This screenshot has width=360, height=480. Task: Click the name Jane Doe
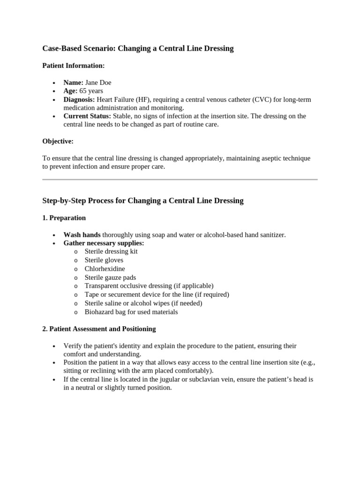(x=98, y=82)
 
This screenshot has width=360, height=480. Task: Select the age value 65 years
(x=91, y=91)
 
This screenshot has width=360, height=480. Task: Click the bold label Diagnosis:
(x=79, y=99)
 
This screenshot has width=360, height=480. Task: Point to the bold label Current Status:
(x=87, y=116)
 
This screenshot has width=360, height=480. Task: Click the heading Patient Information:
(x=74, y=66)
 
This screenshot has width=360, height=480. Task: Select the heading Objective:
(x=58, y=141)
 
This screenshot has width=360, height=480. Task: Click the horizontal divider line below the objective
(x=180, y=179)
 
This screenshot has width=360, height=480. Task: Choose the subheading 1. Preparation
(x=64, y=218)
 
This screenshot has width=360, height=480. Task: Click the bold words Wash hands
(x=82, y=234)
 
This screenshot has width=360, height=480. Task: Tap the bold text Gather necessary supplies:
(x=104, y=243)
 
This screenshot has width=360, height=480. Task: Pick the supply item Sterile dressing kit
(x=111, y=251)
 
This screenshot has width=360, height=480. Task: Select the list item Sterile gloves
(x=104, y=260)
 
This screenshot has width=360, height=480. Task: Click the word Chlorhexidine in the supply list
(x=105, y=269)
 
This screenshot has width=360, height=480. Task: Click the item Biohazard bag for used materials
(x=131, y=312)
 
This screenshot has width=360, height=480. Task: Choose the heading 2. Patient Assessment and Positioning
(x=99, y=329)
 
